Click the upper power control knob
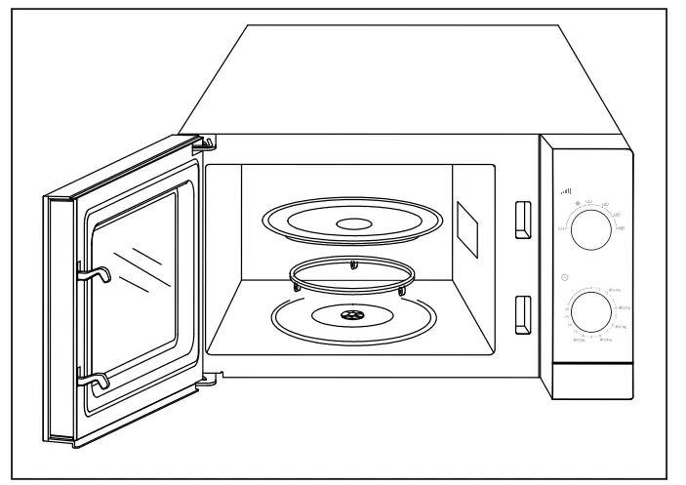pos(588,230)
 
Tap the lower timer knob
pos(589,312)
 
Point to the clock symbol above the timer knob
pos(564,279)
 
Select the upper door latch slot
pos(523,218)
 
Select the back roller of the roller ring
pos(354,264)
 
